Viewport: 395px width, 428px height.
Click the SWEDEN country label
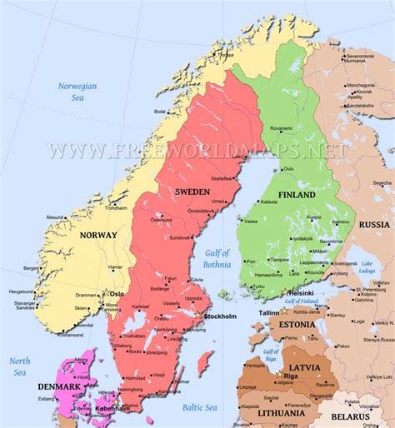click(192, 192)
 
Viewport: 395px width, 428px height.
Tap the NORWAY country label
click(98, 236)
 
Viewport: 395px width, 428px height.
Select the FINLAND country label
click(296, 195)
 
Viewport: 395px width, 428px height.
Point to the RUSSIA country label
click(374, 225)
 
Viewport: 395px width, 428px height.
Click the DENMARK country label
click(59, 386)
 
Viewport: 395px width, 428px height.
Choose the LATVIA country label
click(306, 367)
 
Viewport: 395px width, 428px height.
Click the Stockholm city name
click(220, 316)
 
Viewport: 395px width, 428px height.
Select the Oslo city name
click(117, 293)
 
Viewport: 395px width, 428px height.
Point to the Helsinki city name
click(300, 293)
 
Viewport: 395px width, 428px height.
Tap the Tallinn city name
click(269, 313)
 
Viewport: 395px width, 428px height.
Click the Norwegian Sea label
click(77, 91)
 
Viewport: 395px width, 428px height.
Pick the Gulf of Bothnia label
click(217, 258)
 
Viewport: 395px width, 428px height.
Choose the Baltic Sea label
click(199, 407)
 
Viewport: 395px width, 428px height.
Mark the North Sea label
click(20, 366)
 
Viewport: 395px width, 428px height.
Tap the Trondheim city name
click(116, 208)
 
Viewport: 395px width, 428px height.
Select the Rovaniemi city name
click(281, 129)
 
